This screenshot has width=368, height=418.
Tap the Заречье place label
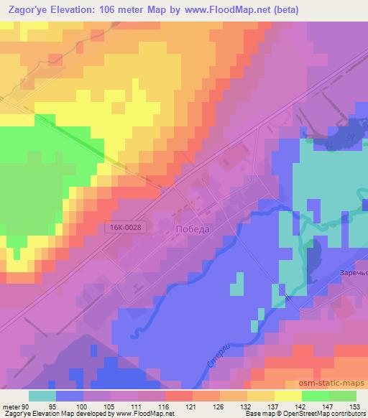pyautogui.click(x=351, y=272)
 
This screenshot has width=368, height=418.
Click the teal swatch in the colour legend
pyautogui.click(x=42, y=396)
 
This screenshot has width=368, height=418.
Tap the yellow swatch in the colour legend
pyautogui.click(x=288, y=396)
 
